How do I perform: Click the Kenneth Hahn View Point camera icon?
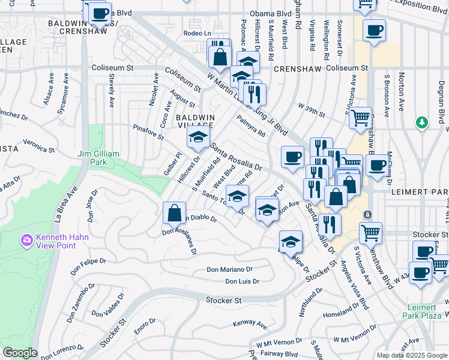point(26,241)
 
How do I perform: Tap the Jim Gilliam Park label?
point(98,158)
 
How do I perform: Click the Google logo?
point(20,353)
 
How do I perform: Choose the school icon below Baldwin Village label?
point(198,137)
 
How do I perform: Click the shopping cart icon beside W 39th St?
point(361,118)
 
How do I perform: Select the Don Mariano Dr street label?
point(230,270)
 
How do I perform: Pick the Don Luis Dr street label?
point(242,281)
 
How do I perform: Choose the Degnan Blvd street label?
point(441,100)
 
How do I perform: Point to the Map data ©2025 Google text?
point(412,355)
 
